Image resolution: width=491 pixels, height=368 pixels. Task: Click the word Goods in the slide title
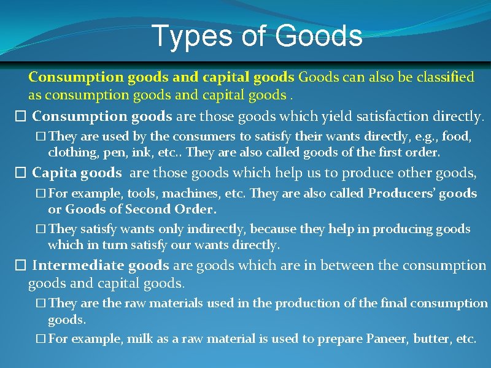[319, 36]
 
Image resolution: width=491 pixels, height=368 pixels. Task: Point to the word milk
[140, 339]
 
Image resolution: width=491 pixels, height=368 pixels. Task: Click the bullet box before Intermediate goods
[20, 266]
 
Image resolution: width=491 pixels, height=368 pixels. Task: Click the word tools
[141, 194]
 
